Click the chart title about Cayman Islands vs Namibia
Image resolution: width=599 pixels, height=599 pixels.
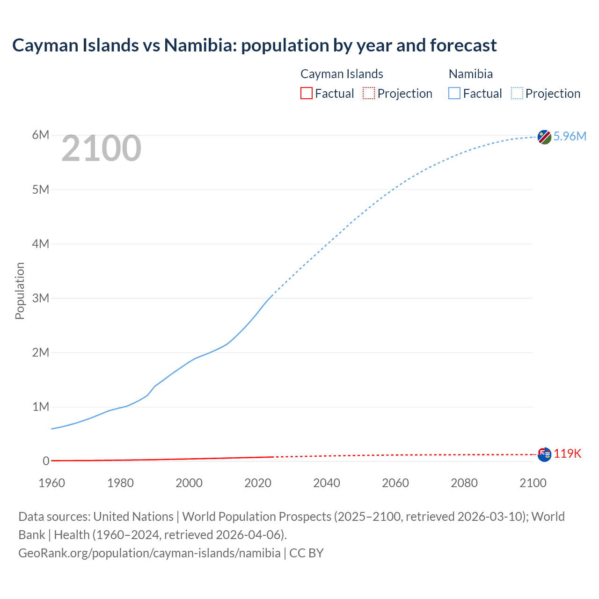(254, 45)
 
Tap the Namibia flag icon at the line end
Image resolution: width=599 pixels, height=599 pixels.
(544, 137)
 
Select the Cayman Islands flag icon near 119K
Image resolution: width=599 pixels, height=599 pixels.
(544, 454)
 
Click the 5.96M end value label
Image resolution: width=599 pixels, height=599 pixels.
(570, 136)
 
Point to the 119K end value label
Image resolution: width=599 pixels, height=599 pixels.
(568, 453)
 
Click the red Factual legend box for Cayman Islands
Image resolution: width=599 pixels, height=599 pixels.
(306, 93)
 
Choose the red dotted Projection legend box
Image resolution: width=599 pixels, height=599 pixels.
(369, 93)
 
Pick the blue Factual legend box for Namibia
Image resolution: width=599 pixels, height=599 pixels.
(454, 93)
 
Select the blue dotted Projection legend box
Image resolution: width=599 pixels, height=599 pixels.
(517, 93)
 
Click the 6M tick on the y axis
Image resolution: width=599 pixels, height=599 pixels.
(41, 135)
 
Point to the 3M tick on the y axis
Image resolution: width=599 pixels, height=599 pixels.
(41, 298)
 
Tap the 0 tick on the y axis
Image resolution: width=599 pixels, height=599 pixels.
(46, 461)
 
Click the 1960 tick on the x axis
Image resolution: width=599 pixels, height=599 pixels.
(51, 483)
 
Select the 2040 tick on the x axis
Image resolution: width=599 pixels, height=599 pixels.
(327, 483)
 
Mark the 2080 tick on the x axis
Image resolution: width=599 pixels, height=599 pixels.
(464, 483)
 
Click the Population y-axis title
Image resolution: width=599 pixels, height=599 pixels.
(20, 291)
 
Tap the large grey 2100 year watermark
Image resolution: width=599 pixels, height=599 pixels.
(101, 148)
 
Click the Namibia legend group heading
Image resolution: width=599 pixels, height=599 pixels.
(470, 74)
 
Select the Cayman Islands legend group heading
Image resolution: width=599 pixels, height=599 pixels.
(342, 74)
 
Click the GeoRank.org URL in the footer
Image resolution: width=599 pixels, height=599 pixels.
(149, 553)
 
